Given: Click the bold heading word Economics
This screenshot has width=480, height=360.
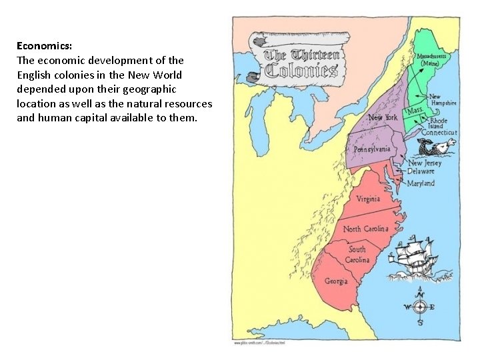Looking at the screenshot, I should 44,46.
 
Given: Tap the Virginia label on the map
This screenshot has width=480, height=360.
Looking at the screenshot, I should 368,199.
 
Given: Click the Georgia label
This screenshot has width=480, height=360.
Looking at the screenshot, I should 336,281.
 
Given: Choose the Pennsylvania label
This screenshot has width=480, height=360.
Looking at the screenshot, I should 372,149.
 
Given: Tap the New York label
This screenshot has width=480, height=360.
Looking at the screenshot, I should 383,117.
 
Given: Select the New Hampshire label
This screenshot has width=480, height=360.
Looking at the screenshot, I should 442,100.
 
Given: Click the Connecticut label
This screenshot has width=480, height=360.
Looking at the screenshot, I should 439,133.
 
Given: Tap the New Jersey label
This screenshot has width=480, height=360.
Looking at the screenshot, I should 424,163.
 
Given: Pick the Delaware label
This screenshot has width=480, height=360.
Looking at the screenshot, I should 421,171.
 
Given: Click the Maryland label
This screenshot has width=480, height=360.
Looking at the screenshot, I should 421,183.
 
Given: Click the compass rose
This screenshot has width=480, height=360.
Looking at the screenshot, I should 419,307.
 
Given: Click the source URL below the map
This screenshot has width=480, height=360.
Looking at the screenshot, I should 259,342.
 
